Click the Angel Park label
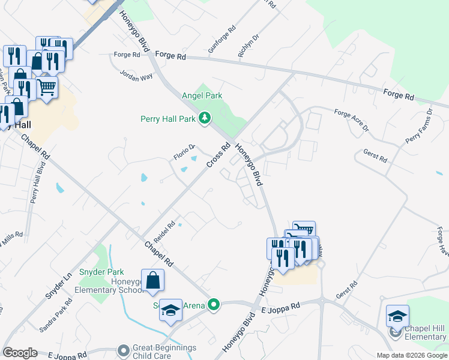[202, 95]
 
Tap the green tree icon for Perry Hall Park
[205, 118]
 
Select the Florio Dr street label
[185, 152]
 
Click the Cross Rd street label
[219, 155]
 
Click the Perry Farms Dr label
[418, 127]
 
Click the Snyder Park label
[107, 272]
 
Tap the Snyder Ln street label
[58, 287]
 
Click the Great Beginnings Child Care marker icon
[124, 350]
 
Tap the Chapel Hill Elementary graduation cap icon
[397, 316]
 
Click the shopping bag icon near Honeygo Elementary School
[154, 280]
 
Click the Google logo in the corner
[20, 352]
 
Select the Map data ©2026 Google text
[412, 355]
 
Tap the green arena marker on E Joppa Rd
[213, 305]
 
